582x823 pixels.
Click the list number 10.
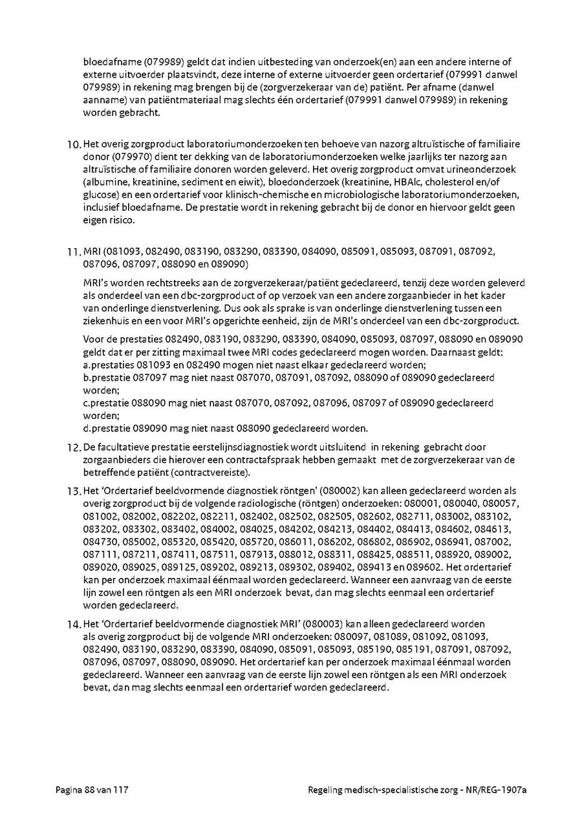tap(74, 144)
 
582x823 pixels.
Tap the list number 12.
tap(74, 447)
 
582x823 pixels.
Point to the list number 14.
tap(74, 625)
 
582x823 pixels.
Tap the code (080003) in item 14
tap(322, 625)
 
